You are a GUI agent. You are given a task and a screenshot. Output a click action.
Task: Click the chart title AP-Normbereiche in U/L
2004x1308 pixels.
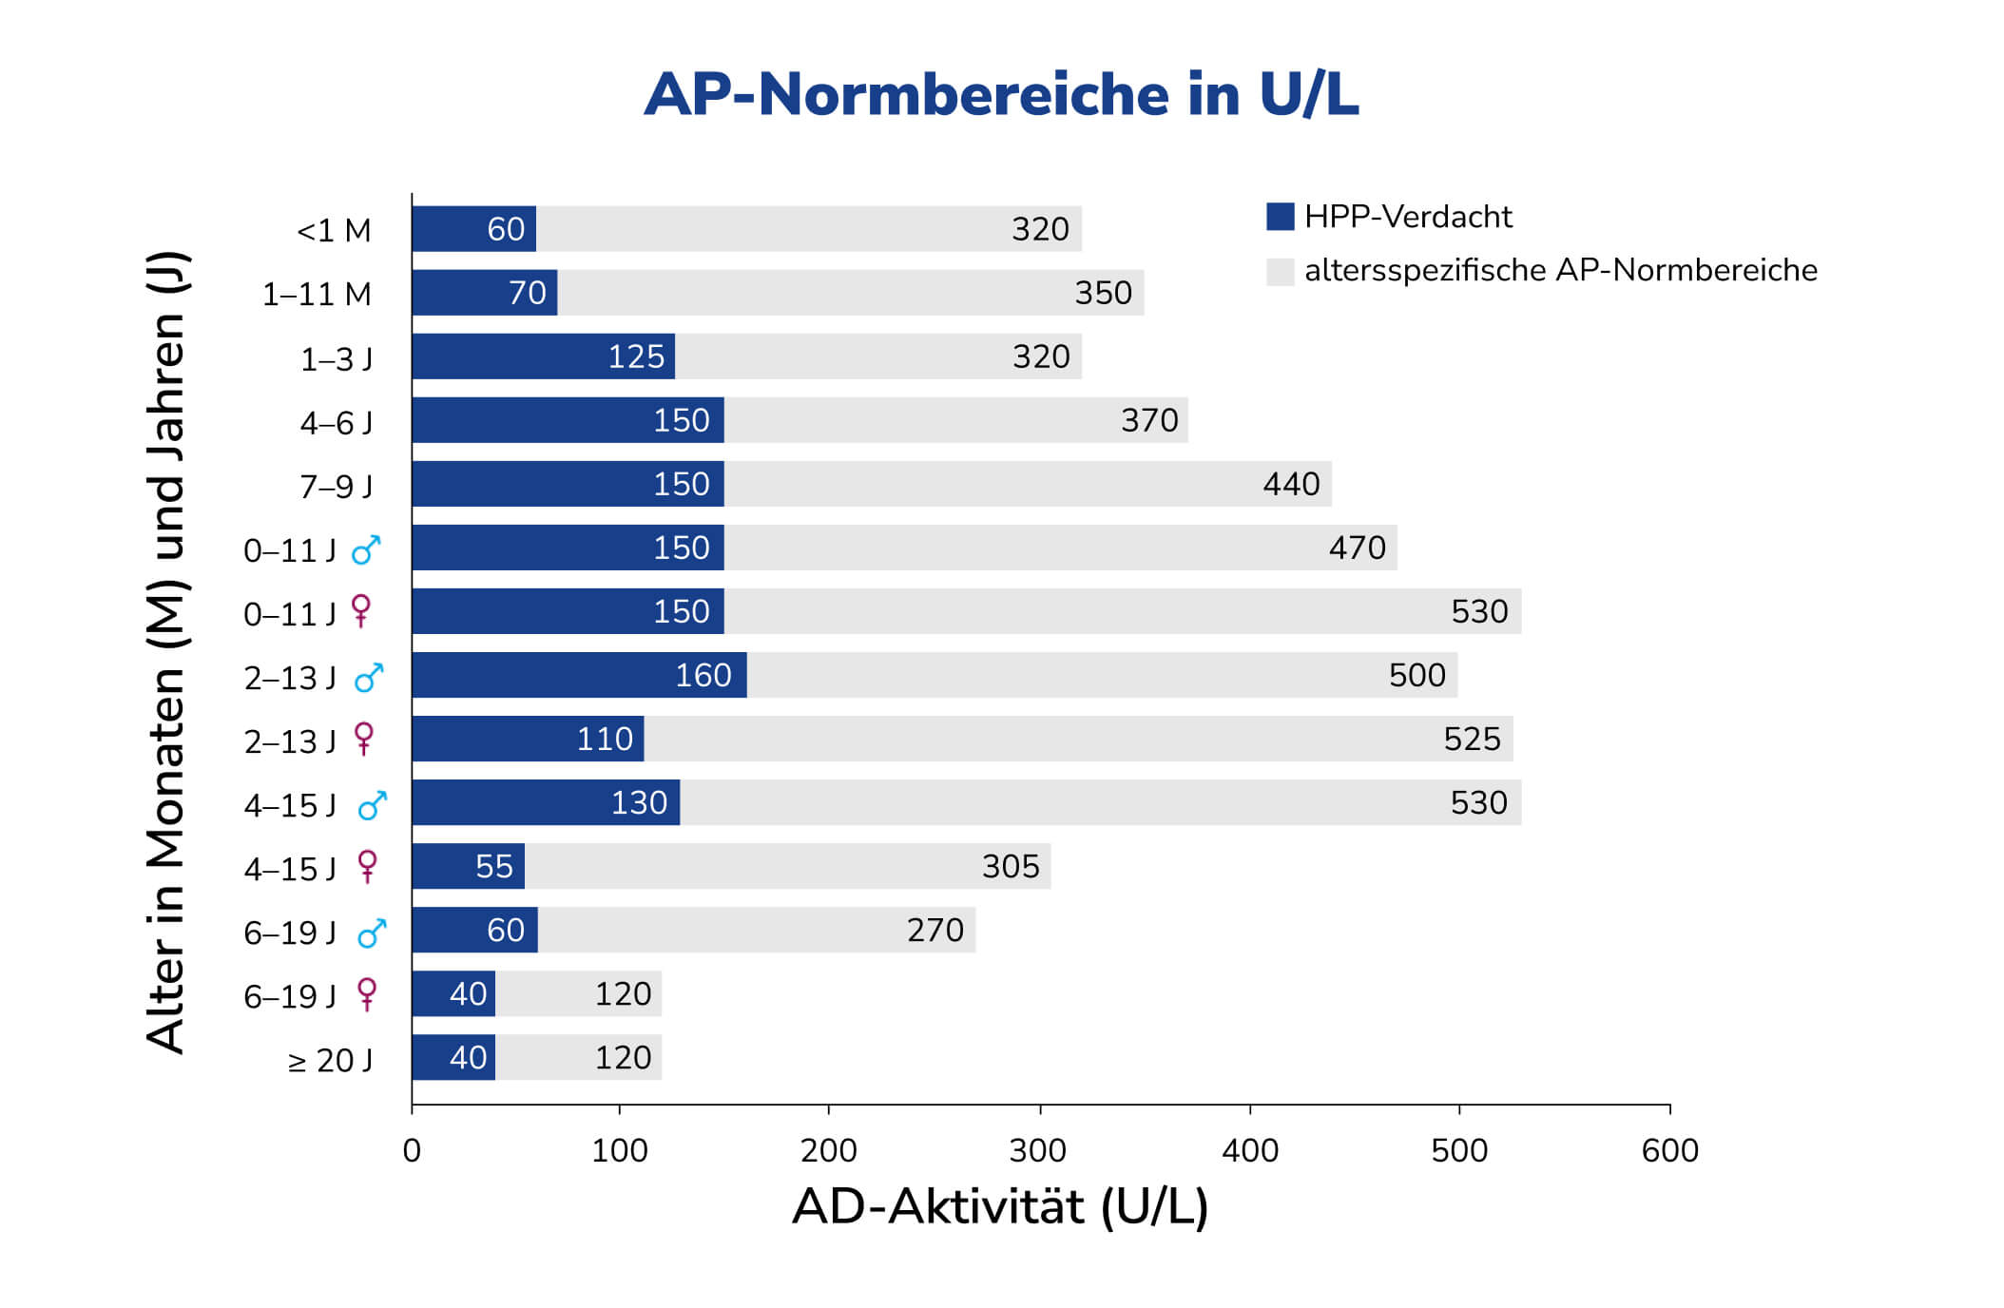click(x=1001, y=95)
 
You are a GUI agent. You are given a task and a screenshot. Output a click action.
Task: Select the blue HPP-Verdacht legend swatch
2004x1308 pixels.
click(x=1280, y=217)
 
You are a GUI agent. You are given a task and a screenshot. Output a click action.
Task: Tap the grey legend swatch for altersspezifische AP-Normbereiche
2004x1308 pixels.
click(x=1280, y=271)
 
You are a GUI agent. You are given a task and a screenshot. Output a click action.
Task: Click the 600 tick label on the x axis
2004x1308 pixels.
click(x=1669, y=1150)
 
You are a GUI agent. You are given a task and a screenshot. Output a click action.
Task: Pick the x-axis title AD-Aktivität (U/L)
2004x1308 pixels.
click(x=1000, y=1206)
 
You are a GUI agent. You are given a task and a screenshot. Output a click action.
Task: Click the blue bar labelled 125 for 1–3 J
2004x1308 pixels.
click(x=543, y=356)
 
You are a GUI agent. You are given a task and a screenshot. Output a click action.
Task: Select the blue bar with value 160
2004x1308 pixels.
click(x=579, y=675)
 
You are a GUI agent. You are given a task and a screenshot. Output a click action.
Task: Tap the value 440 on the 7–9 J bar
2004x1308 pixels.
click(x=1291, y=484)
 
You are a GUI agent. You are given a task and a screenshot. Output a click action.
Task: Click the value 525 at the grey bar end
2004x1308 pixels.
click(x=1472, y=739)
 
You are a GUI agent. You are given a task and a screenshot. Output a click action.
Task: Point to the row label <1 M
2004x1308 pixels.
click(x=334, y=230)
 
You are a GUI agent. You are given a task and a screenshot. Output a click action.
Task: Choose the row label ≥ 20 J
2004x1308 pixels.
click(x=330, y=1060)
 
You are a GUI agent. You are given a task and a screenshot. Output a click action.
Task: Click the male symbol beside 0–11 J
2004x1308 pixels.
click(x=366, y=549)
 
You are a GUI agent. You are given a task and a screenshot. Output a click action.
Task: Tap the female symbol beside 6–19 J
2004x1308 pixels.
click(x=366, y=994)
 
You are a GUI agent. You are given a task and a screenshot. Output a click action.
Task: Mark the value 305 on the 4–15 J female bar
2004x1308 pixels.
click(x=1011, y=866)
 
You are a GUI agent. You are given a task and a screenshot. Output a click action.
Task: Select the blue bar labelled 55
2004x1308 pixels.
click(x=468, y=866)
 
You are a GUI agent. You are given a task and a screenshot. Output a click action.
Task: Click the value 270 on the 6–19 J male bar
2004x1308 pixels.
click(x=935, y=930)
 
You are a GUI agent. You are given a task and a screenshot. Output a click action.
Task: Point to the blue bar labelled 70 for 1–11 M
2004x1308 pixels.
click(x=484, y=293)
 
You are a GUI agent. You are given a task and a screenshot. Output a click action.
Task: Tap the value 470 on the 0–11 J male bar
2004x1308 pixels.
click(x=1357, y=548)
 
